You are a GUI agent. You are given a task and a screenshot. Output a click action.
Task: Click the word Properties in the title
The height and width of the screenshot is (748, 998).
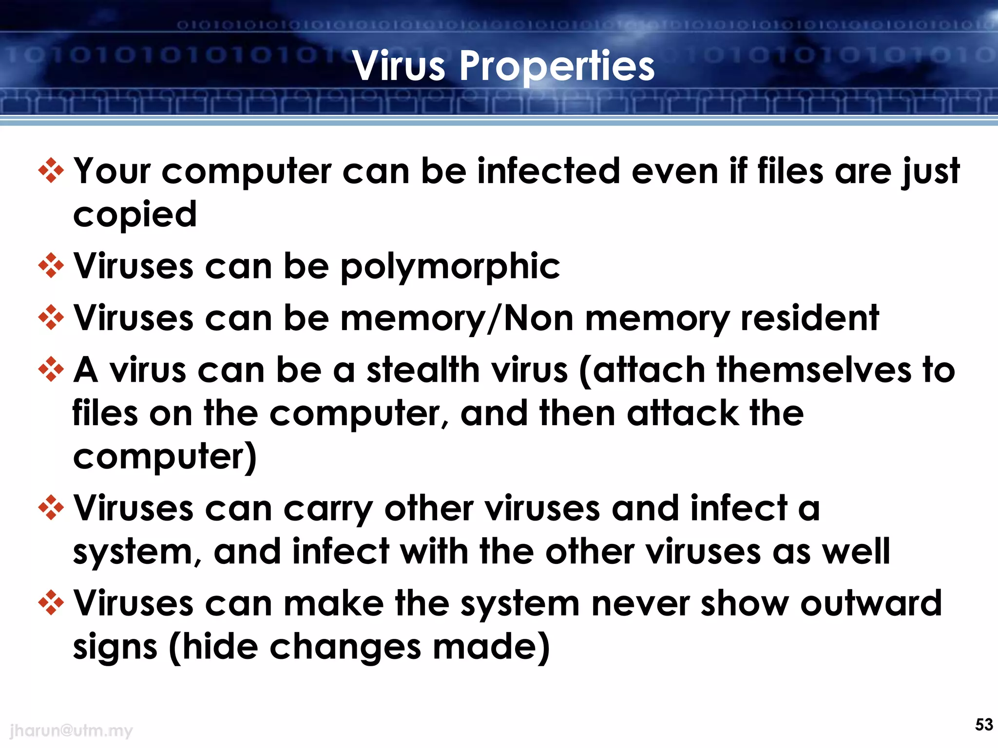[x=557, y=67]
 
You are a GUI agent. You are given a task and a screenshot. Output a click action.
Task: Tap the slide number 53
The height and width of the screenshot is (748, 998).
[x=983, y=725]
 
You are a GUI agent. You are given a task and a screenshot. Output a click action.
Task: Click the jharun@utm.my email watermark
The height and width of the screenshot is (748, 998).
[x=71, y=730]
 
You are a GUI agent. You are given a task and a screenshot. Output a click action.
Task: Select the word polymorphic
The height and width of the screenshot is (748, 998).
[x=450, y=267]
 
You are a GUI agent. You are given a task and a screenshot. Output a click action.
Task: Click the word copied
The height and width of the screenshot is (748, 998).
[x=135, y=214]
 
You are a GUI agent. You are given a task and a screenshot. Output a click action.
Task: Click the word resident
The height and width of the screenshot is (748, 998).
[x=809, y=318]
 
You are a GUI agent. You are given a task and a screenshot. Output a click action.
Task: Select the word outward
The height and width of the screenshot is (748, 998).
[x=871, y=603]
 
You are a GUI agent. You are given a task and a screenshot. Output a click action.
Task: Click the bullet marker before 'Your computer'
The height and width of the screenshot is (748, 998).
[x=51, y=171]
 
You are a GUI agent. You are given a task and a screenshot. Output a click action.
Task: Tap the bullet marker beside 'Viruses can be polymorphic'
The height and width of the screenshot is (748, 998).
[x=51, y=266]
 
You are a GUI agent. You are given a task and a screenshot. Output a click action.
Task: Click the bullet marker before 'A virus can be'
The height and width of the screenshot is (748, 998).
[x=51, y=369]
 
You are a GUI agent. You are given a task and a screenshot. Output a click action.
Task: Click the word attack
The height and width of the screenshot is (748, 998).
[x=682, y=413]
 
